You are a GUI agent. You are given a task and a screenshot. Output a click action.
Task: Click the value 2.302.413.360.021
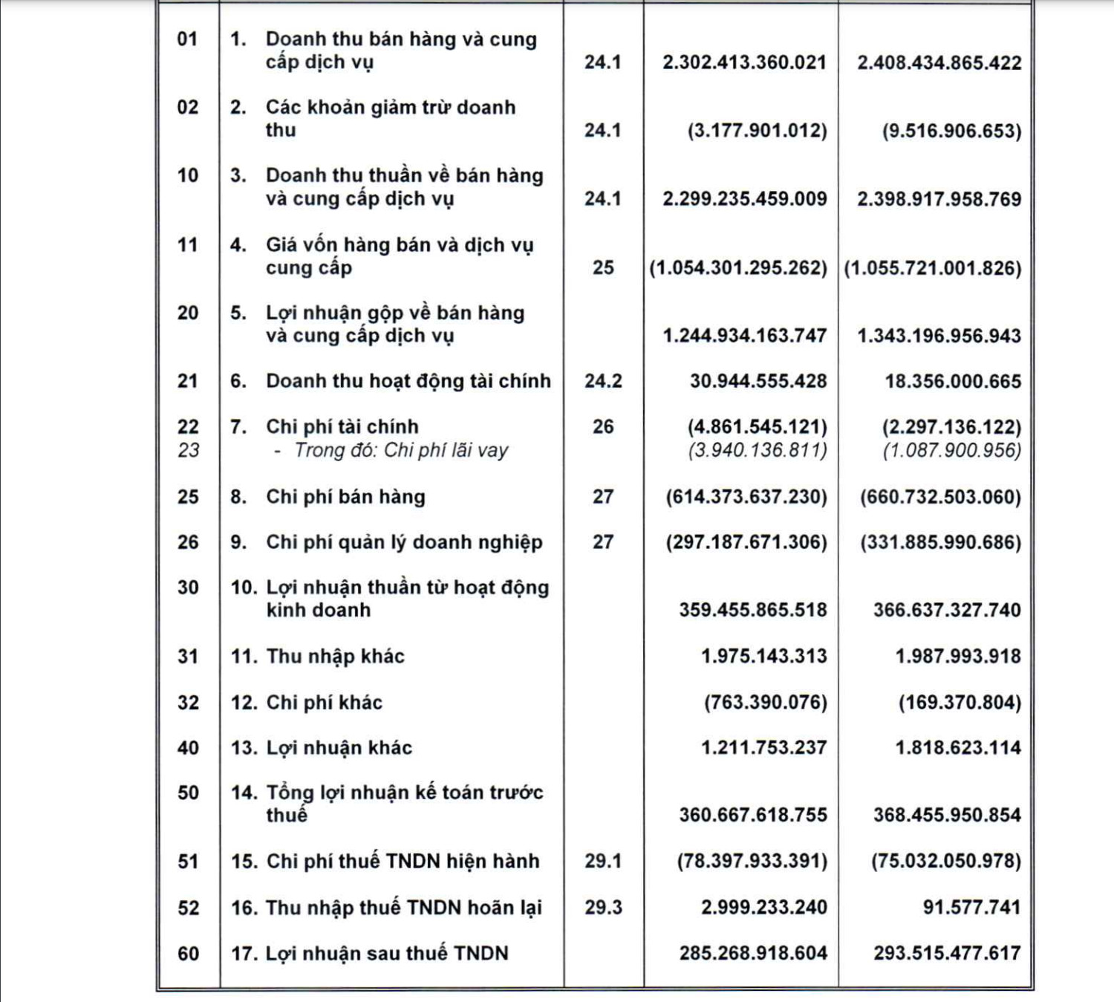click(744, 62)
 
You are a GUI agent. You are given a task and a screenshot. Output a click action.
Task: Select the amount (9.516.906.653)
click(951, 131)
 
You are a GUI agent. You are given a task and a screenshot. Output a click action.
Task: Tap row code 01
click(188, 39)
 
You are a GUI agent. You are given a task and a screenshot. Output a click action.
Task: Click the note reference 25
click(603, 267)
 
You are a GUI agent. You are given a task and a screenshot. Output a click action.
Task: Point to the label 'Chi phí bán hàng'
click(345, 496)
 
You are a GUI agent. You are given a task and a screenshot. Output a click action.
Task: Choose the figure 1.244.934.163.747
click(744, 336)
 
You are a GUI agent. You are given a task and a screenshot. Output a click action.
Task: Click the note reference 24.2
click(603, 381)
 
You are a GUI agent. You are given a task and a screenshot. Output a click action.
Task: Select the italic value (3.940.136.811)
click(757, 450)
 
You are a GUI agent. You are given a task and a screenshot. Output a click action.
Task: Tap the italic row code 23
click(188, 450)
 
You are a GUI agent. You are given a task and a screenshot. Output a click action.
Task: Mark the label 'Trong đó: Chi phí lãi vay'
click(401, 450)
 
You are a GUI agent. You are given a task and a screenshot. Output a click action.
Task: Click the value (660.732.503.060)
click(940, 496)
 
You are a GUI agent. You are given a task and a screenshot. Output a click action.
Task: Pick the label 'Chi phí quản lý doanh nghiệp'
click(404, 542)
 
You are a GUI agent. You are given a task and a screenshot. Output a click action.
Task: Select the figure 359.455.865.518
click(752, 610)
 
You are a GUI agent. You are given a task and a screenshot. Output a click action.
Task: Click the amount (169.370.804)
click(960, 702)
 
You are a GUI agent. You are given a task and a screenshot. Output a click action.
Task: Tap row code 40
click(188, 748)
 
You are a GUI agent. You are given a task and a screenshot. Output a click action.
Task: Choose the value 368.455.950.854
click(947, 815)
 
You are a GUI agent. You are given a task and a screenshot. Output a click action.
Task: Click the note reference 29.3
click(603, 907)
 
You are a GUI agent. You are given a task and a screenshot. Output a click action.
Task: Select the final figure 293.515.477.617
click(947, 953)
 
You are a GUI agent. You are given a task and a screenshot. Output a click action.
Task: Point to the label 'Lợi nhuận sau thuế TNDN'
click(387, 953)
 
